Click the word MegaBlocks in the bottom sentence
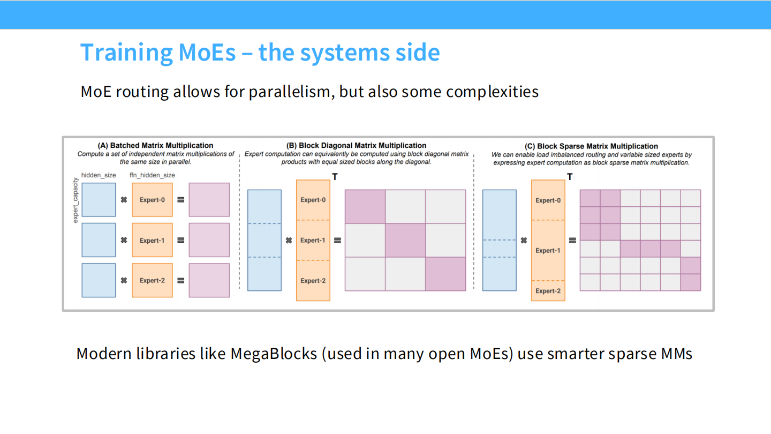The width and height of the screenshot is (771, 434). tap(274, 354)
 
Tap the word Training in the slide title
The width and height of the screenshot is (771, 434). tap(126, 53)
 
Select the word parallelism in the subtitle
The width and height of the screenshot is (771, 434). tap(291, 92)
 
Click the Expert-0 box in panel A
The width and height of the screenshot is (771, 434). tap(152, 200)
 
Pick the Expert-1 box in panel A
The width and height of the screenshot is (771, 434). tap(152, 240)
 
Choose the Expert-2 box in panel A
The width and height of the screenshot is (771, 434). tap(152, 280)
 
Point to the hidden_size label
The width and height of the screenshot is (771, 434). tap(99, 175)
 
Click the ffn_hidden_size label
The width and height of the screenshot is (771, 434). tap(152, 175)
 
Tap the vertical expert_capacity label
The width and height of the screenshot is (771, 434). tap(75, 200)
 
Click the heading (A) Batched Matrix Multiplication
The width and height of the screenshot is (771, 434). tap(155, 145)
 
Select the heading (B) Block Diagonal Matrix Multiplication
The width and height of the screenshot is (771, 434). tap(356, 145)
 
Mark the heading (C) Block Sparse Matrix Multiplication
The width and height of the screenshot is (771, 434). tap(591, 146)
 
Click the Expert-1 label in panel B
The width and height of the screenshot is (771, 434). tap(313, 240)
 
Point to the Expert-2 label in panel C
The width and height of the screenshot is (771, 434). tap(548, 291)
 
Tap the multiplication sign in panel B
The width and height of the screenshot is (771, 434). tap(289, 241)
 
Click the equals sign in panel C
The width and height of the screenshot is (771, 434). tap(572, 241)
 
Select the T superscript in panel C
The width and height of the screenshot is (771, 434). tap(570, 177)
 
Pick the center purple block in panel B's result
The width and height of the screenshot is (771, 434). tap(405, 240)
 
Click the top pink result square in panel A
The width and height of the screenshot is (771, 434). tap(209, 200)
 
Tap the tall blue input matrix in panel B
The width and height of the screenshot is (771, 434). tap(264, 240)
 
